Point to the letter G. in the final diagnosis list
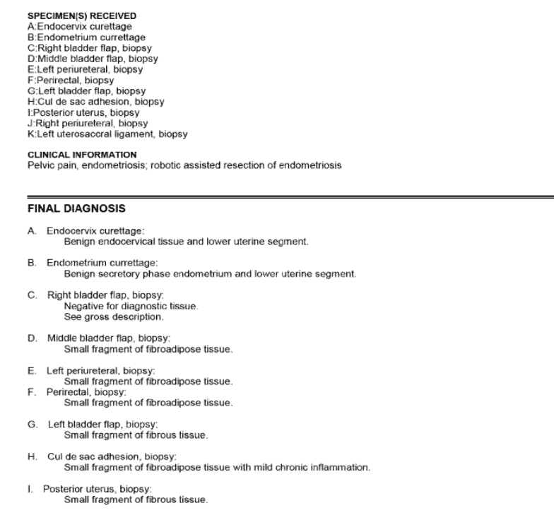[32, 425]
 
